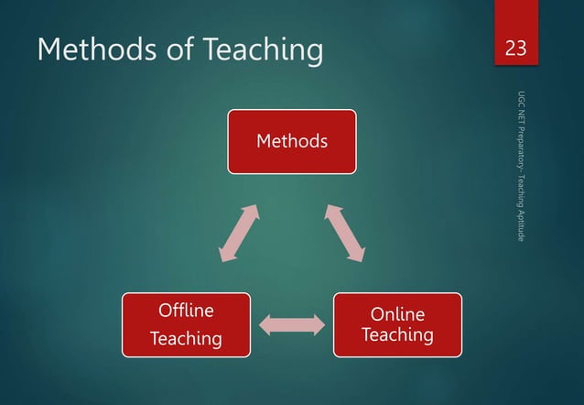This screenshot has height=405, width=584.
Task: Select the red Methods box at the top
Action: [292, 141]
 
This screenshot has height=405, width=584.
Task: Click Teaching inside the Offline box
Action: [186, 339]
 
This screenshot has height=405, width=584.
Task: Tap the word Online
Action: [396, 314]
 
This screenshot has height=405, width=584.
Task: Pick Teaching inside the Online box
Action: [396, 335]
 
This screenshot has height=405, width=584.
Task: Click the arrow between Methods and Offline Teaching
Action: [239, 234]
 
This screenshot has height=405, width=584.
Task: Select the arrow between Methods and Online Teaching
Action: [345, 234]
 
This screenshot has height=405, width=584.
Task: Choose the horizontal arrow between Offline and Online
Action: [292, 324]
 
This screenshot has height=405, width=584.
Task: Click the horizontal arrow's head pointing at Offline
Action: [265, 324]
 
